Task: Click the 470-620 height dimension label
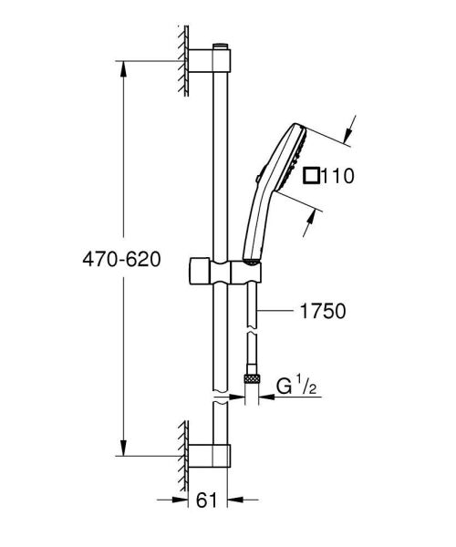(118, 260)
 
